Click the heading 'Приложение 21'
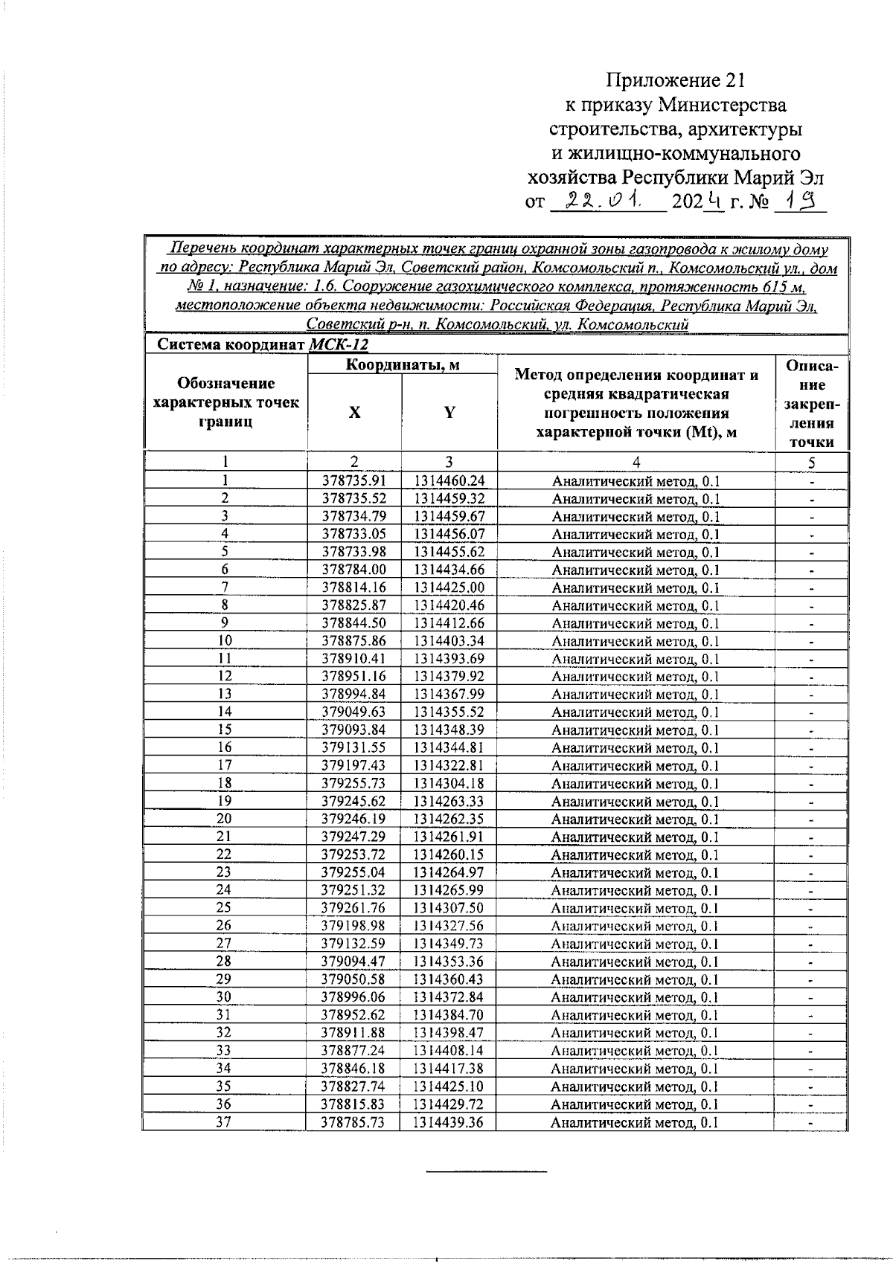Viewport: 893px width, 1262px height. pos(675,80)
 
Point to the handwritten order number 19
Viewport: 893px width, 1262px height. pos(800,200)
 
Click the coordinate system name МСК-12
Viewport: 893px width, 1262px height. pos(338,345)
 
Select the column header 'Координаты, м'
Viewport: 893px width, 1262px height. pos(403,364)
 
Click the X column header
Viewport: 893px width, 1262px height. pos(354,413)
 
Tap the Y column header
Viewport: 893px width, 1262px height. pos(449,413)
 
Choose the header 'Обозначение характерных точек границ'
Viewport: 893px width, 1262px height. pos(225,402)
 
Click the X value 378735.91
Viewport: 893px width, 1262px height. pos(353,481)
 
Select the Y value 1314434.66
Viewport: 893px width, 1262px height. pos(449,570)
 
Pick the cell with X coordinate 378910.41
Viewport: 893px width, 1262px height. pos(353,659)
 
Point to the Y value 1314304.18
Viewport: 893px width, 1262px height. pos(449,784)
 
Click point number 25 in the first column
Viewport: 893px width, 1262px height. pos(224,908)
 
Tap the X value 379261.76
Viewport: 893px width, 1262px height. pos(353,908)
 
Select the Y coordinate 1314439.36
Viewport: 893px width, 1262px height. pos(449,1123)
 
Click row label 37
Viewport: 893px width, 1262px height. pos(224,1123)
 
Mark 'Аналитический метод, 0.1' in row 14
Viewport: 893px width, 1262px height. pos(636,712)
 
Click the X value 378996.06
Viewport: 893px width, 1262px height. pos(353,997)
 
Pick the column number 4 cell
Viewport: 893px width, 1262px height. pos(636,463)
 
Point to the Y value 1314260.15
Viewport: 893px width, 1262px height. pos(449,855)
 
